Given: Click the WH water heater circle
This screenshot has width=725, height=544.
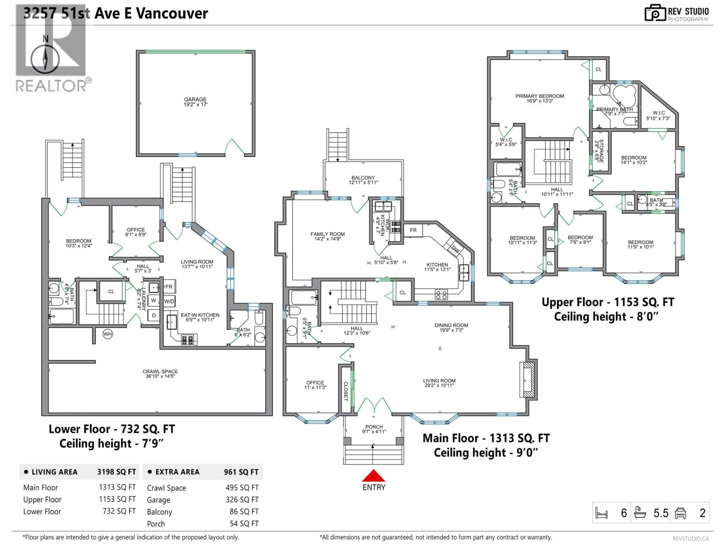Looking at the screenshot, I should tap(107, 334).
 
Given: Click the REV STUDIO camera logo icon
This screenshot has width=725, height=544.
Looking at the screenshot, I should tap(655, 13).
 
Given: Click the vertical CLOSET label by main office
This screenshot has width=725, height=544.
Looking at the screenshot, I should tap(346, 391).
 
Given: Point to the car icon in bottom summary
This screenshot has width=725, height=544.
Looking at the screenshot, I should tap(680, 513).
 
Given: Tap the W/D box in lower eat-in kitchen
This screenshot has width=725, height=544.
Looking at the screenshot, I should tap(169, 301).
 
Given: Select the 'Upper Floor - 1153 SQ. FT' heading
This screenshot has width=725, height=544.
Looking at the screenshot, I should tap(608, 302).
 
